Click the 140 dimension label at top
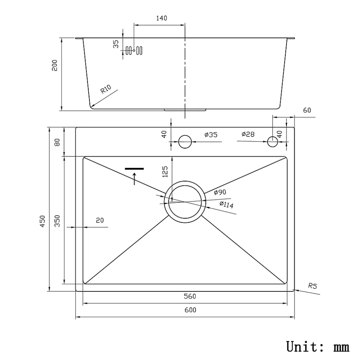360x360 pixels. click(x=162, y=18)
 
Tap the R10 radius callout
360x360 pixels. click(x=105, y=89)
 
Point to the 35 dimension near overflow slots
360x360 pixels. click(x=116, y=44)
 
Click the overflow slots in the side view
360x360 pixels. click(x=134, y=50)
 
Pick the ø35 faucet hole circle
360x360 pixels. click(x=185, y=141)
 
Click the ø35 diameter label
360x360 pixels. click(x=210, y=135)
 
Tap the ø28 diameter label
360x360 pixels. click(x=248, y=134)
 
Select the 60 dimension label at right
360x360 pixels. click(x=307, y=110)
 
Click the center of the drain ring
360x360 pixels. click(x=184, y=202)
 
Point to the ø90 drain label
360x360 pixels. click(x=220, y=192)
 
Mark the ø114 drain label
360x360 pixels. click(x=226, y=204)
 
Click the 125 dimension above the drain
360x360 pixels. click(x=165, y=172)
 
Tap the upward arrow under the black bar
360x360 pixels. click(x=134, y=178)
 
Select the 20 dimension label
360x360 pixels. click(x=99, y=220)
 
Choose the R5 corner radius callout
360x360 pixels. click(x=312, y=286)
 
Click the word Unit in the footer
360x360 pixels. click(x=304, y=347)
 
